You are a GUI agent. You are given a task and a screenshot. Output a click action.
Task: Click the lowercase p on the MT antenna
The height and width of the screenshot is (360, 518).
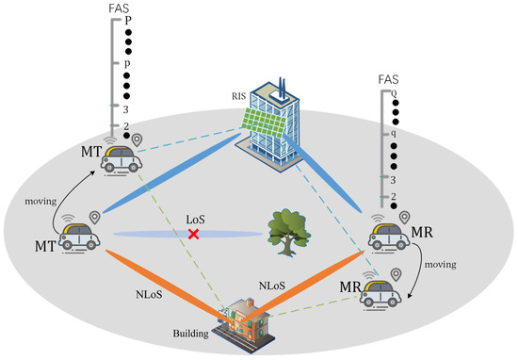(x=127, y=64)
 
